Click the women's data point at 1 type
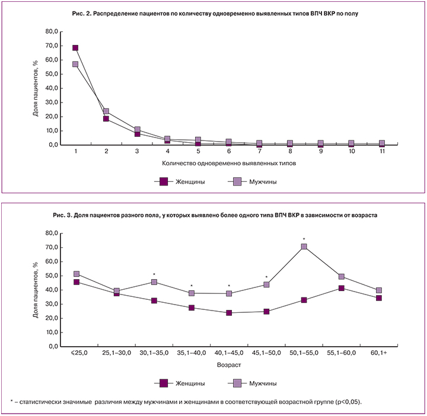pyautogui.click(x=75, y=48)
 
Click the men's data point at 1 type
pyautogui.click(x=75, y=64)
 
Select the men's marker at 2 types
pyautogui.click(x=106, y=111)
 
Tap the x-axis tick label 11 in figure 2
pyautogui.click(x=382, y=152)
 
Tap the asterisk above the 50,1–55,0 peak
pyautogui.click(x=304, y=240)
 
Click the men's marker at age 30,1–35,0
pyautogui.click(x=154, y=282)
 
